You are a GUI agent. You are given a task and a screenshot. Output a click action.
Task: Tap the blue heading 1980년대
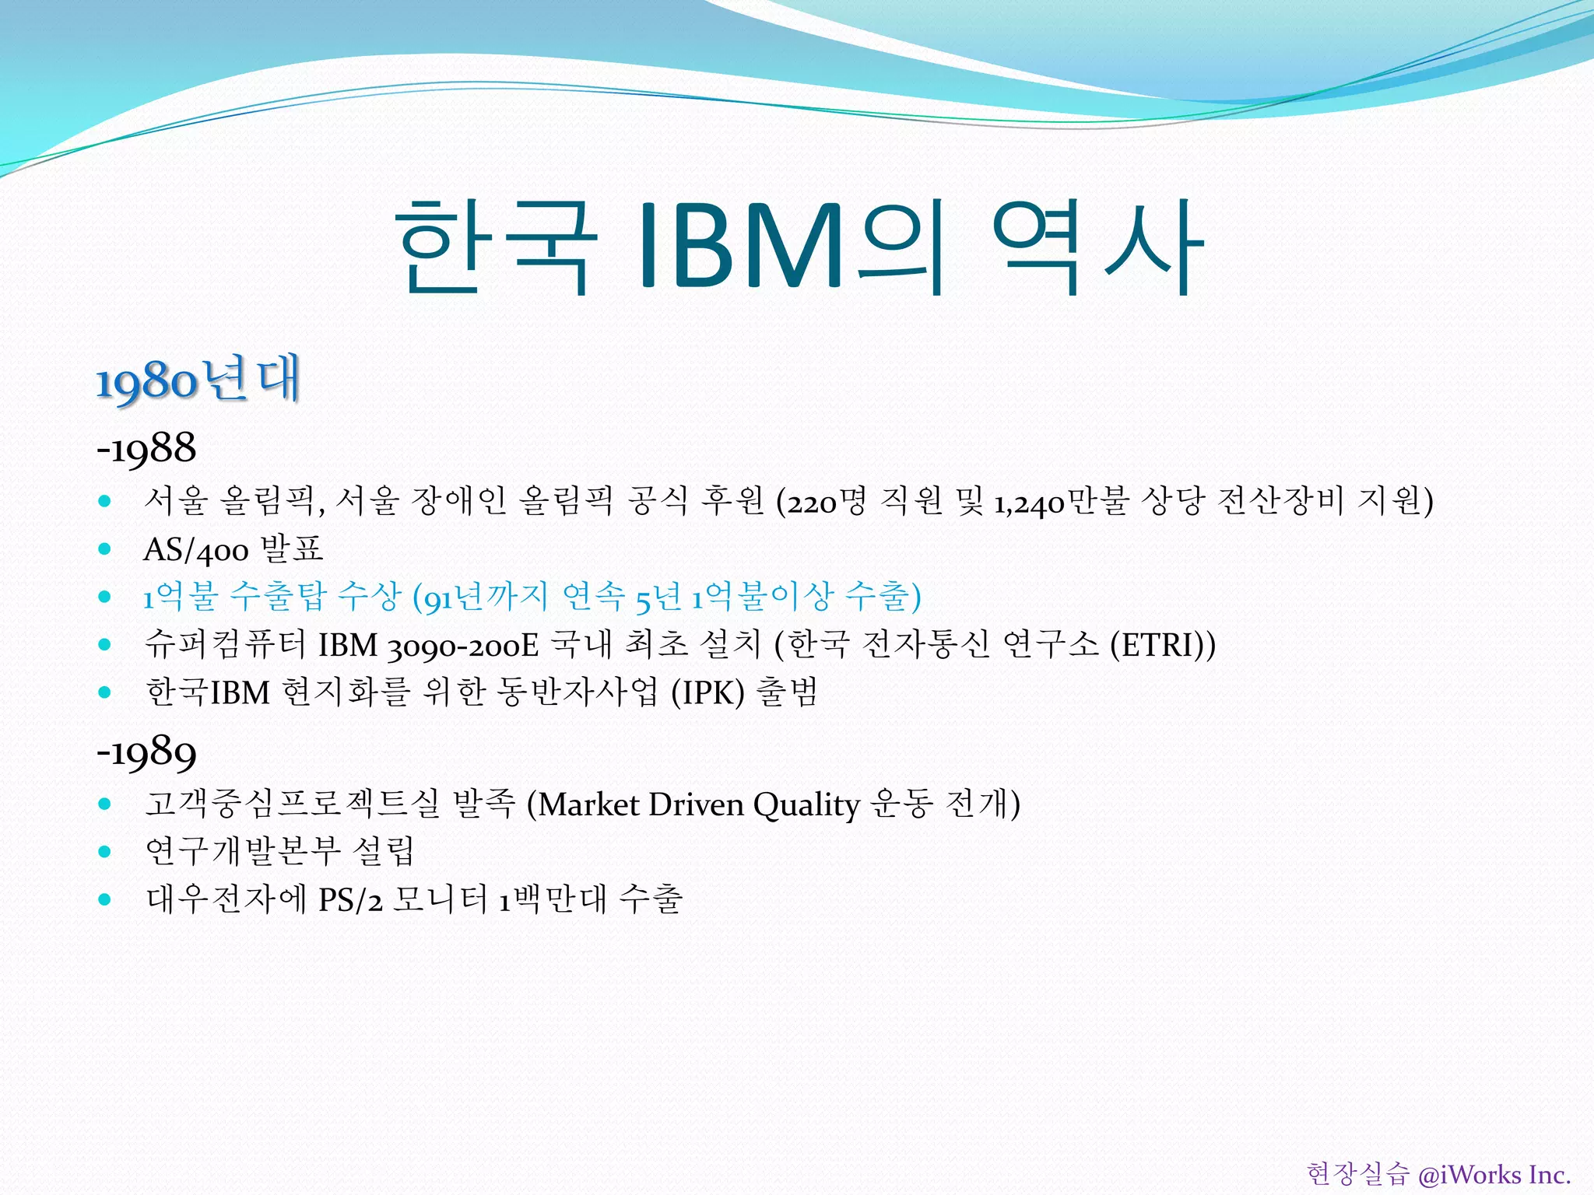tap(198, 380)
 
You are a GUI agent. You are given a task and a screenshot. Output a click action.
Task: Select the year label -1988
tap(146, 449)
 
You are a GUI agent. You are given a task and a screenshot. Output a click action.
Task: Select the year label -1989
tap(146, 752)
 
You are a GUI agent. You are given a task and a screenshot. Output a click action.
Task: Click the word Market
tap(589, 804)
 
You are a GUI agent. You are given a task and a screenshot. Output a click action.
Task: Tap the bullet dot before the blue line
tap(105, 597)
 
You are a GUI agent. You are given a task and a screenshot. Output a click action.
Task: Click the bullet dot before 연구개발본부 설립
tap(105, 851)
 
